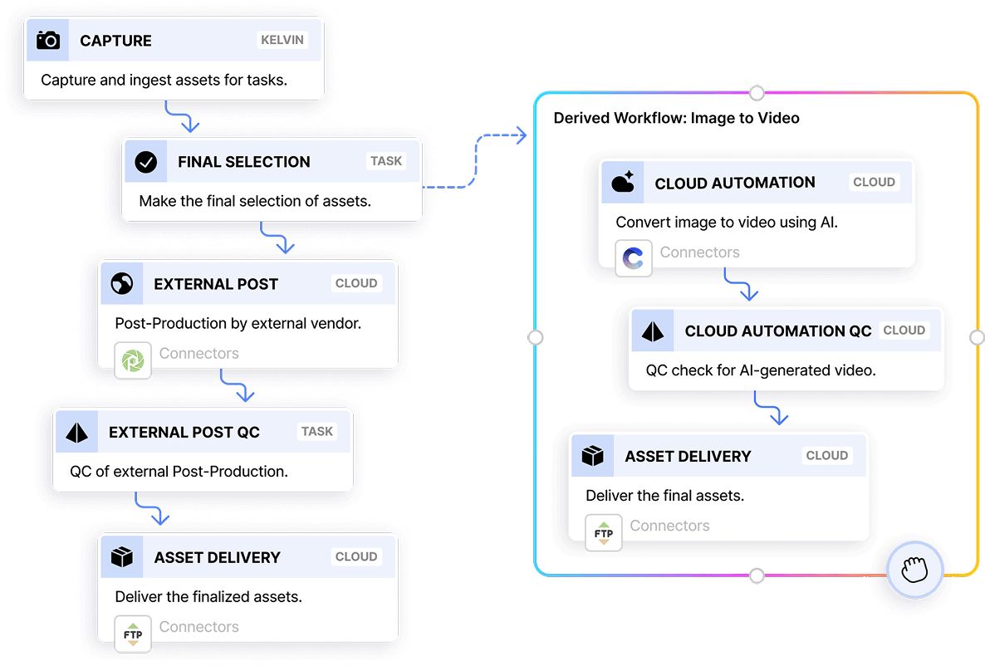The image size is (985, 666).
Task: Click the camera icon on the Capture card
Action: point(48,40)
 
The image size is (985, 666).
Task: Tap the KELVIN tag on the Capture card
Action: point(282,40)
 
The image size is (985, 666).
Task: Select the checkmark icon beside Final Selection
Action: point(146,162)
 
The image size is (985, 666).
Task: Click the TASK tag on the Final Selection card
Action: point(386,161)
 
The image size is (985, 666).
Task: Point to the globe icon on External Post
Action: point(122,284)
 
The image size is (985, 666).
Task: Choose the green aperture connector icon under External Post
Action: point(133,360)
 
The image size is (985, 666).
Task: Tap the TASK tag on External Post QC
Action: point(317,431)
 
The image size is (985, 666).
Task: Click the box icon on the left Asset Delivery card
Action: point(122,557)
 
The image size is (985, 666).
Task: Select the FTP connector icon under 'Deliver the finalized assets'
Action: point(133,634)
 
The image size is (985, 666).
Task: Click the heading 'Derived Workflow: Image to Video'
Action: point(676,118)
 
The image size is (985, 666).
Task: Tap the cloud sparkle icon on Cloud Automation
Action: point(623,183)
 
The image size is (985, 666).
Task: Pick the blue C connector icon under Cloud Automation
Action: point(634,259)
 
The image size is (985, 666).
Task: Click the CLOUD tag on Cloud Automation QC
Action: point(904,330)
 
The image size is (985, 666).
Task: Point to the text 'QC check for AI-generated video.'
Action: point(761,370)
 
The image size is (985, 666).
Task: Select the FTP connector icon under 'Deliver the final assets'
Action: point(604,533)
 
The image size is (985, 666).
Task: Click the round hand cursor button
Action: point(914,570)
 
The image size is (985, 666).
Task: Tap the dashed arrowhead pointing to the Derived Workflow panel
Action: point(521,135)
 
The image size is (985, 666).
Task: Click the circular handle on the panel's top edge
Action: point(756,91)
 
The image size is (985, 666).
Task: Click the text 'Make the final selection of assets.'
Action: point(255,201)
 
